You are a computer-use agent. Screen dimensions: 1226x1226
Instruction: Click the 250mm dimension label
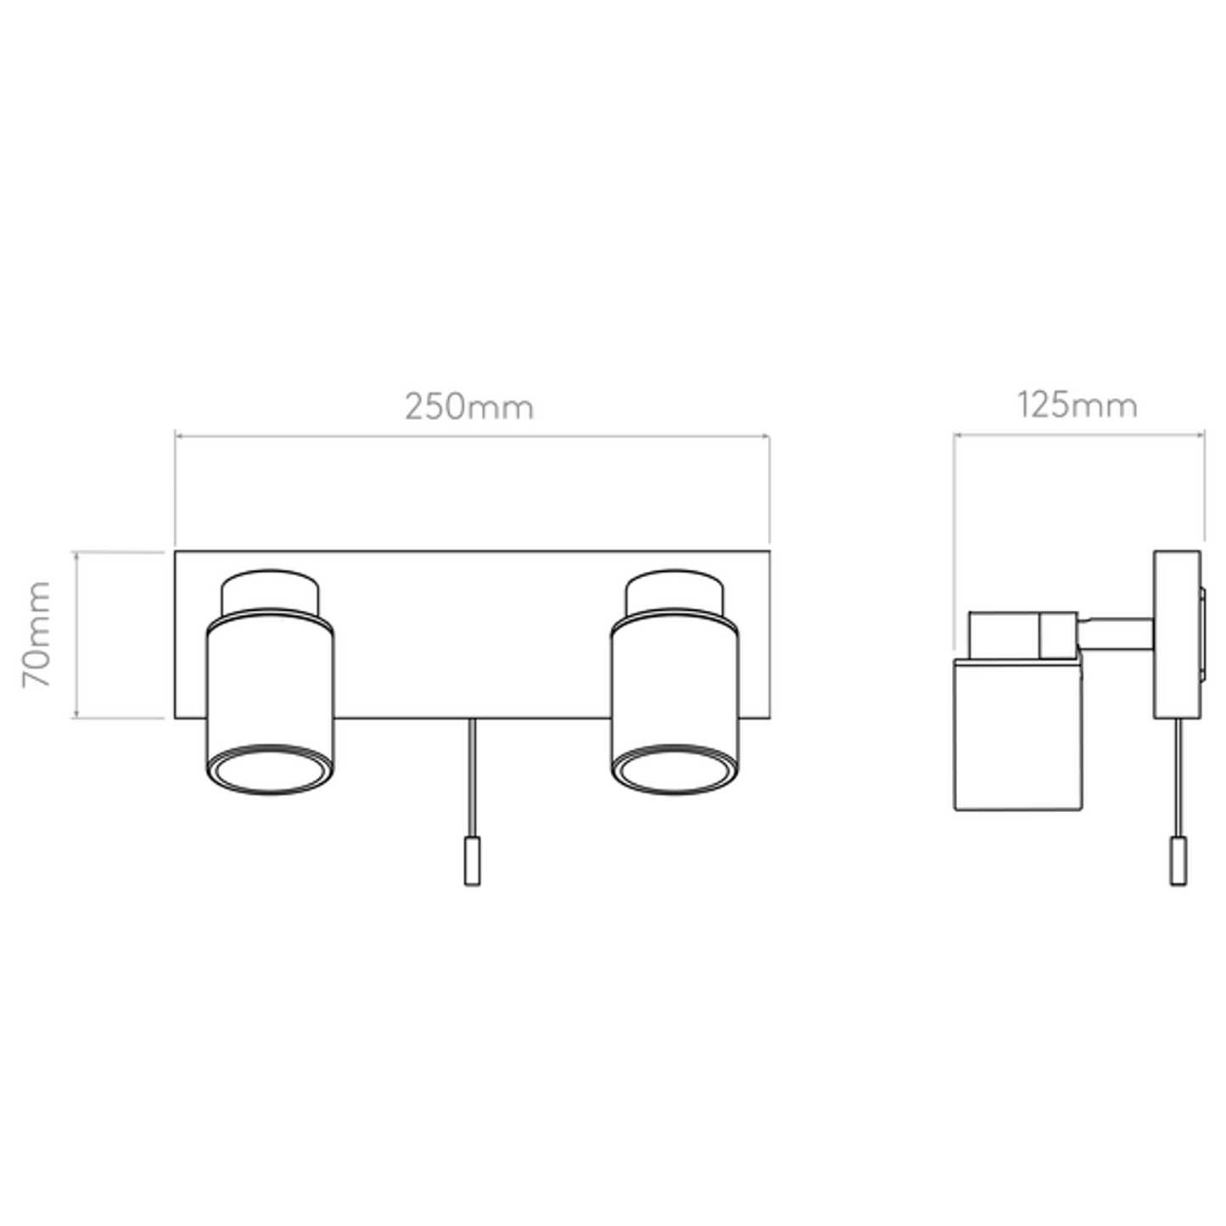click(x=469, y=407)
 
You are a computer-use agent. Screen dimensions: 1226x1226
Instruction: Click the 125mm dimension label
click(x=1078, y=406)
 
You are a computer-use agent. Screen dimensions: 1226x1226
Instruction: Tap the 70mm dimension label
click(x=36, y=634)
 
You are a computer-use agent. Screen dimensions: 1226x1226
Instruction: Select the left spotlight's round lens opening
click(x=271, y=772)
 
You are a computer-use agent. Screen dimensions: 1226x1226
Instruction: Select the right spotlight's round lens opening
click(x=675, y=772)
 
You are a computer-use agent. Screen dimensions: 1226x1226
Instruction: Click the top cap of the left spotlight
click(x=270, y=592)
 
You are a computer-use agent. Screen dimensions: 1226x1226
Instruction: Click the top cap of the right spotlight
click(x=675, y=592)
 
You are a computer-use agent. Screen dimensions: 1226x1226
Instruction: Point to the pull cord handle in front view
click(x=472, y=861)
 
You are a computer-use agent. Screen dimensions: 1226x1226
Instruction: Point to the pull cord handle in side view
click(x=1178, y=861)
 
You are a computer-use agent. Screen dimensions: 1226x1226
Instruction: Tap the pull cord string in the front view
click(x=472, y=778)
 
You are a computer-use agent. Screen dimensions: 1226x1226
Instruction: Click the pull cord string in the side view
click(x=1178, y=778)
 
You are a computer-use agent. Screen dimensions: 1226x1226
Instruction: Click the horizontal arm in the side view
click(x=1117, y=634)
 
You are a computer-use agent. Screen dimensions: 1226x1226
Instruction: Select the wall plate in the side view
click(x=1178, y=635)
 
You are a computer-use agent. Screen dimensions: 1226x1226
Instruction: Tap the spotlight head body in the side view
click(x=1019, y=734)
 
